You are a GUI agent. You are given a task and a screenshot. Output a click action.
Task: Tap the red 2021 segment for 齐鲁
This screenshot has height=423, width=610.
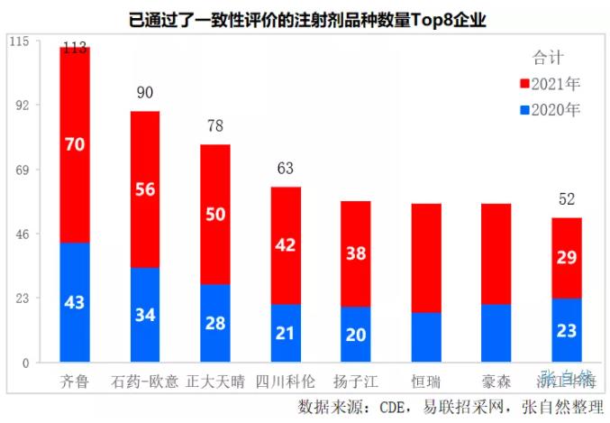75,144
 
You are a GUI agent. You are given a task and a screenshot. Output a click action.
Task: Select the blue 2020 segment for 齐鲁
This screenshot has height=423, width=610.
75,302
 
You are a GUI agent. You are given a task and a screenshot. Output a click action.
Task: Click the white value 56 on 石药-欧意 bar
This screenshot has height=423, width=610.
145,189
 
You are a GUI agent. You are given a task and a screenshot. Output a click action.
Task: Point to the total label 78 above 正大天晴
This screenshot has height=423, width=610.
215,127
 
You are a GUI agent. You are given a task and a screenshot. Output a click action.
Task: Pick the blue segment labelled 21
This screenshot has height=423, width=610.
286,334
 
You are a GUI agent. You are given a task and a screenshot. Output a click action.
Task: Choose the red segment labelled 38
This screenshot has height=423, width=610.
356,253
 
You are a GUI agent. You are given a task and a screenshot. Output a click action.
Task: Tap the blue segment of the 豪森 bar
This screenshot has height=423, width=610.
496,334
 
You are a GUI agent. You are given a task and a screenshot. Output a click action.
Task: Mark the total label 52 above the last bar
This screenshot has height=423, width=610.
567,200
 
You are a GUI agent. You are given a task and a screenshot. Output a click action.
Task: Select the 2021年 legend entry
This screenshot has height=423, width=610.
551,84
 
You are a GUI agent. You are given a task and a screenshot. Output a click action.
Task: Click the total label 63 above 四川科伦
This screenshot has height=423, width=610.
286,169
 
